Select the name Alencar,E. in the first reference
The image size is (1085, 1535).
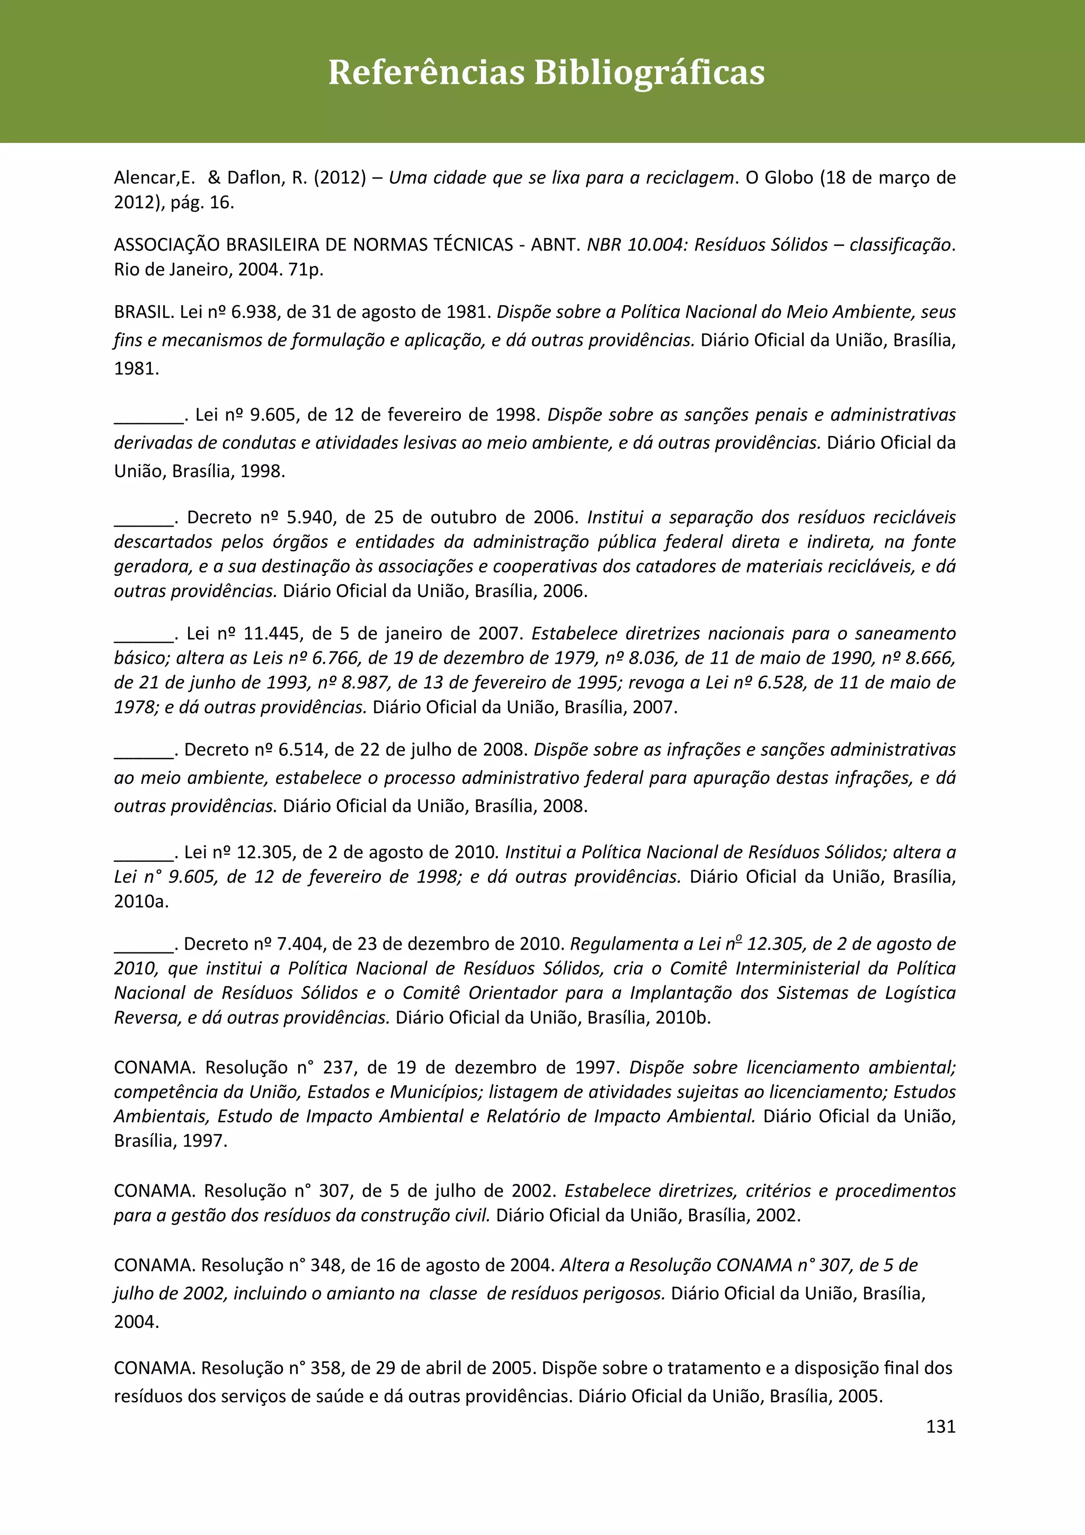tap(154, 178)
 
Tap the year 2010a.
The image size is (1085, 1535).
tap(141, 902)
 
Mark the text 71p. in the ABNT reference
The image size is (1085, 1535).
tap(306, 270)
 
